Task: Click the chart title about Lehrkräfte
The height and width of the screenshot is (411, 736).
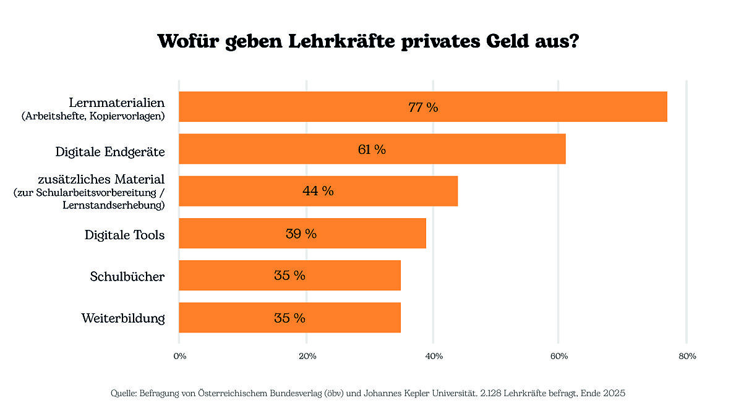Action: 368,41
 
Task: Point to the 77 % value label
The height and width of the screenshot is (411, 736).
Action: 423,107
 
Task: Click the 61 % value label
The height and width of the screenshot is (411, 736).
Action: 372,149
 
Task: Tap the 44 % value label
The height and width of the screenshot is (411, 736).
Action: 318,191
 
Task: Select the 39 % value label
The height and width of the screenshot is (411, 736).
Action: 301,234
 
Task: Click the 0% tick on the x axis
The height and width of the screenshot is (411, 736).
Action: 179,356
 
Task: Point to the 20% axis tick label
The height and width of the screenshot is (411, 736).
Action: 307,356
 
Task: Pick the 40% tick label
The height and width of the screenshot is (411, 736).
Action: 434,356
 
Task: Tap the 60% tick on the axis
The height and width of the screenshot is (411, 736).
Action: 559,356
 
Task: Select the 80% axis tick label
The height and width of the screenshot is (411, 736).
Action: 687,356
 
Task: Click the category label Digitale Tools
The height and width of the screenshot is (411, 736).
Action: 124,235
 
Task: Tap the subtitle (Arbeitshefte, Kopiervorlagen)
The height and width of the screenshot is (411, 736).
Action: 93,116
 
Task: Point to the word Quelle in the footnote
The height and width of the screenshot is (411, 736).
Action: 124,393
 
